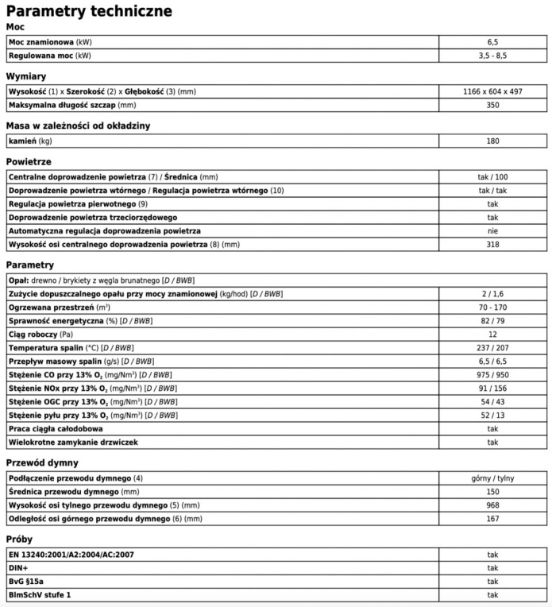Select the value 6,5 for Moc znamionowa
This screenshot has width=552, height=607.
[x=492, y=41]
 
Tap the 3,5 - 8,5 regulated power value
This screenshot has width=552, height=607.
[x=492, y=56]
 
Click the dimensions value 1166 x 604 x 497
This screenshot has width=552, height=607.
[x=492, y=91]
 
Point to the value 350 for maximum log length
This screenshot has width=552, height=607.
[x=492, y=105]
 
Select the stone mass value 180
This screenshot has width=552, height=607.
[x=492, y=141]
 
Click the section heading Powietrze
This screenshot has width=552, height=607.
[x=29, y=161]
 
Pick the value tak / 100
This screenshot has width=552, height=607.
[x=492, y=176]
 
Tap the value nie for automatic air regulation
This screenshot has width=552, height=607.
[x=492, y=230]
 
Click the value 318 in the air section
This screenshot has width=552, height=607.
[x=492, y=244]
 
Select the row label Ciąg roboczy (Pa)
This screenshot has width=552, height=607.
[x=43, y=334]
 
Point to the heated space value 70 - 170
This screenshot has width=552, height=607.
[x=492, y=307]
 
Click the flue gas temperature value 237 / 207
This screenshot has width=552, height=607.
[x=492, y=347]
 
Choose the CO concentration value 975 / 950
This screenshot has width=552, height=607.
[x=492, y=374]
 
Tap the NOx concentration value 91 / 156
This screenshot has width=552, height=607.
[x=492, y=388]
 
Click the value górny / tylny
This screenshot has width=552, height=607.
[x=492, y=477]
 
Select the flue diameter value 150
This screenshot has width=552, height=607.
[x=492, y=491]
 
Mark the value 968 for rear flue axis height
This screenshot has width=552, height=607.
[x=492, y=505]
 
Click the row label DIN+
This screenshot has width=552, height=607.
[x=19, y=567]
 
